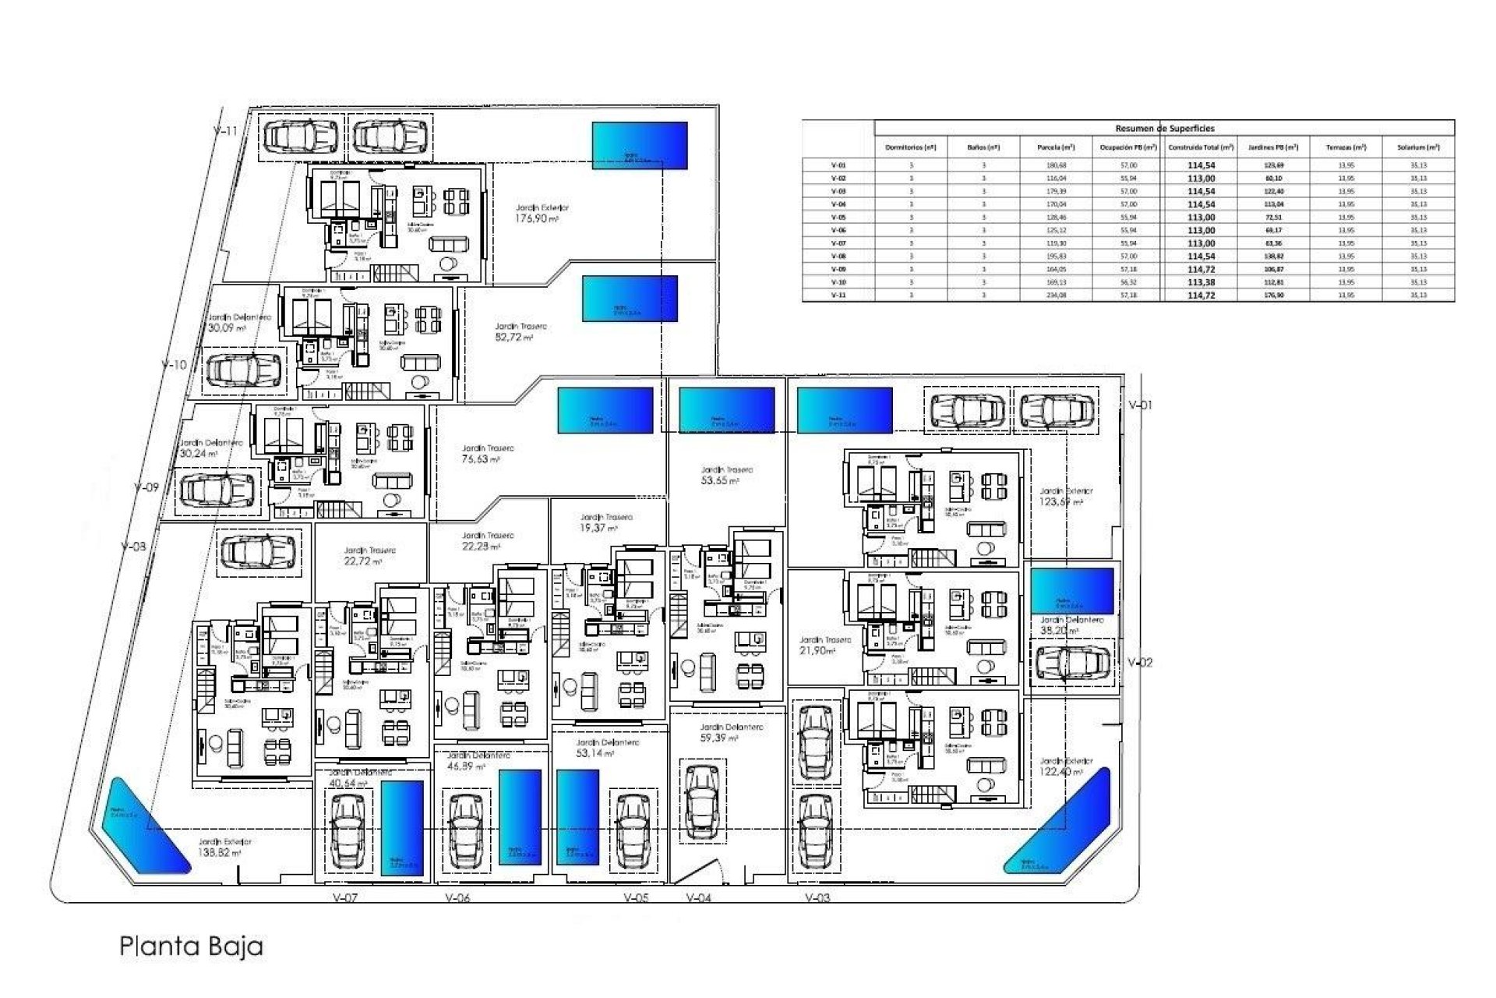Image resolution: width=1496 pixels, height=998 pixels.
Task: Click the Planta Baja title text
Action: [191, 947]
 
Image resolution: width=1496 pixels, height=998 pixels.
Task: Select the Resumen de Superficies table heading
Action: [1165, 129]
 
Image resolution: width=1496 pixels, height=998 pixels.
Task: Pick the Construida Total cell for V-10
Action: [1201, 282]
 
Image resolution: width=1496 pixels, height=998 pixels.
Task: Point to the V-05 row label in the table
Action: [838, 218]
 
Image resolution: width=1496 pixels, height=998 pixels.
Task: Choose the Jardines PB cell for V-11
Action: [1274, 296]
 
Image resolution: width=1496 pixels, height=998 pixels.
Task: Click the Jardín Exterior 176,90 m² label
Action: [541, 214]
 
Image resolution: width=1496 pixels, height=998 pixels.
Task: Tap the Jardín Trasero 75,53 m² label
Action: [487, 454]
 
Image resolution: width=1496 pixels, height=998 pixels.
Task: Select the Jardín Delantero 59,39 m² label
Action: [730, 732]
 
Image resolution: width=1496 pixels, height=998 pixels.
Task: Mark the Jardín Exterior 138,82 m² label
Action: [224, 848]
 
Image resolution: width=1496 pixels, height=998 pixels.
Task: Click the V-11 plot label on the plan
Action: [225, 131]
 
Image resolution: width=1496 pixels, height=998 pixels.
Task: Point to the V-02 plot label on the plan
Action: [1140, 663]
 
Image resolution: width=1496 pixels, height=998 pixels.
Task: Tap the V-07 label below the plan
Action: [344, 898]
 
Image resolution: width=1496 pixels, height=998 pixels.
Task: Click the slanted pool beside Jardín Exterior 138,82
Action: [147, 824]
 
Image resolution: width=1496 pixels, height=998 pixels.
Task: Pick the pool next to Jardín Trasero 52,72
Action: [630, 299]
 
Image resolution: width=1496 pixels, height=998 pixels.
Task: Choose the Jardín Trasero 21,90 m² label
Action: [825, 645]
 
